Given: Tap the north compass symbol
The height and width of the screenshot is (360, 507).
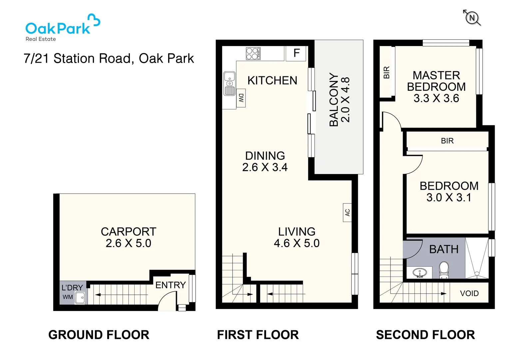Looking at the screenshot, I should (x=472, y=18).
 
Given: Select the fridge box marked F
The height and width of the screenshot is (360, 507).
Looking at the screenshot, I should (x=296, y=53).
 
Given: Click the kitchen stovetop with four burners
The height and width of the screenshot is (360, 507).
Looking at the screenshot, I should (x=253, y=53).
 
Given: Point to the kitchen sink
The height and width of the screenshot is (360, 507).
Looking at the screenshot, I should (x=229, y=83).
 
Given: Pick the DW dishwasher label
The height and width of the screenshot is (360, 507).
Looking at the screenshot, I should (x=241, y=98).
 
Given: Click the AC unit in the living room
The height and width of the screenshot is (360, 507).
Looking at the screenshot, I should (x=347, y=213).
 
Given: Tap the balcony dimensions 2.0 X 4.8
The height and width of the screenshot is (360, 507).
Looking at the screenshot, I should (x=346, y=100).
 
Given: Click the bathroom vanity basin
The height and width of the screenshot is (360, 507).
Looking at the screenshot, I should (x=420, y=273).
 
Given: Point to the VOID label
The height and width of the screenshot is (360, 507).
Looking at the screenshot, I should (x=469, y=293).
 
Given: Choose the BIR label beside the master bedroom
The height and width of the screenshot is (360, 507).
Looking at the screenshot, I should (x=386, y=72).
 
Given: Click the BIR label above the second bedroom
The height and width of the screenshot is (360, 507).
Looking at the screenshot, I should (x=447, y=141).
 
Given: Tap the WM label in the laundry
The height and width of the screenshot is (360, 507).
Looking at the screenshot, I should (x=68, y=297).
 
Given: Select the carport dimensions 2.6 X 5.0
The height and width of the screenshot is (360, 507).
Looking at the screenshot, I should (x=128, y=243).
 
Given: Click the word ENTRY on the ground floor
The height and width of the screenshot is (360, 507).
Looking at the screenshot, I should (x=171, y=285).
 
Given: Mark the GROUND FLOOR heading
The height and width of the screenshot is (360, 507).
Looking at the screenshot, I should (x=99, y=335).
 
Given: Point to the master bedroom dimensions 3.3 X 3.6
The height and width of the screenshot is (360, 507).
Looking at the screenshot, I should (x=436, y=98).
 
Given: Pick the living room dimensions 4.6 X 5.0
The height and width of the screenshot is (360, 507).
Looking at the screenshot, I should (x=296, y=243).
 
